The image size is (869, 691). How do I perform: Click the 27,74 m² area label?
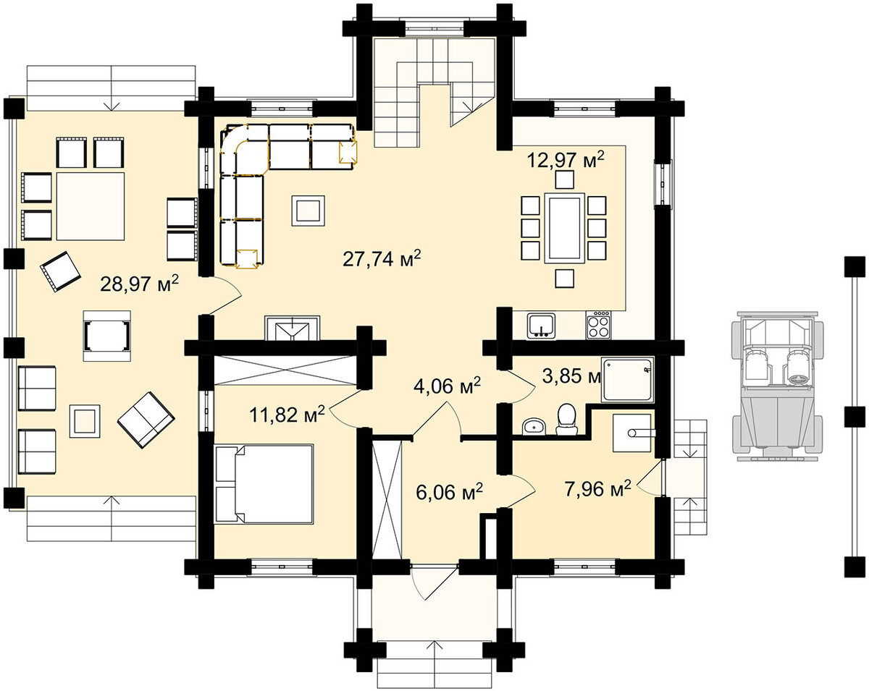point(382,258)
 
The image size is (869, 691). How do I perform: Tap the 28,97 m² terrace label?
point(139,284)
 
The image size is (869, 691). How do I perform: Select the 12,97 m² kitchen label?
point(566,160)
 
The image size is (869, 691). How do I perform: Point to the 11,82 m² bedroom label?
point(287,415)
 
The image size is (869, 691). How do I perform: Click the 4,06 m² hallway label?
point(447,386)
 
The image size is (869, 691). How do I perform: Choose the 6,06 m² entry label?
point(449,492)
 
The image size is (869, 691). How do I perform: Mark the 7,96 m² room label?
point(597,489)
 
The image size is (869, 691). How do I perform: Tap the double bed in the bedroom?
point(264,484)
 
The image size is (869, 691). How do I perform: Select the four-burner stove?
point(598,325)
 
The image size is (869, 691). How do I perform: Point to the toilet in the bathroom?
point(566,420)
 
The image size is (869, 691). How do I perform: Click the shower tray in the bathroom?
point(627,379)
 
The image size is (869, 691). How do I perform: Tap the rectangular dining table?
point(565,228)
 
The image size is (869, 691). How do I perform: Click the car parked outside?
point(777,386)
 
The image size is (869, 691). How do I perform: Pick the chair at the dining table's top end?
point(565,179)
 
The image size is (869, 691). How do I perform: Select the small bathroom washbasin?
point(534,427)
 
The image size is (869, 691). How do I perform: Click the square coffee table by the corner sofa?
point(308,211)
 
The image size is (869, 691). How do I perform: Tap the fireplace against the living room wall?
point(292,328)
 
